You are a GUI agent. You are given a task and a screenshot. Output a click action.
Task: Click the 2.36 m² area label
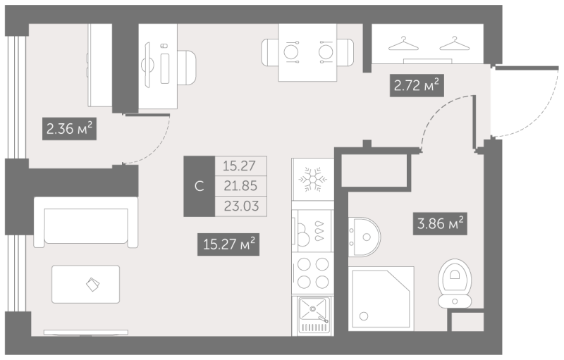pyautogui.click(x=69, y=128)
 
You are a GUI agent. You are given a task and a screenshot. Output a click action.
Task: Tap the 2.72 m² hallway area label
pyautogui.click(x=417, y=85)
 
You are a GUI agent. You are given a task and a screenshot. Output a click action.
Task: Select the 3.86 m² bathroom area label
pyautogui.click(x=440, y=223)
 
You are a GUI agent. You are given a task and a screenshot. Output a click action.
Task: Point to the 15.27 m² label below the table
pyautogui.click(x=228, y=244)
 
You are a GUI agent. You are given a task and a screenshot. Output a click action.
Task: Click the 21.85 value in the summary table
pyautogui.click(x=240, y=186)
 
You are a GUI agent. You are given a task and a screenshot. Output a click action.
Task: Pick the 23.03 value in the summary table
pyautogui.click(x=241, y=206)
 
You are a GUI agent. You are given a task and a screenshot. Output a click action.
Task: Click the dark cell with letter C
pyautogui.click(x=200, y=186)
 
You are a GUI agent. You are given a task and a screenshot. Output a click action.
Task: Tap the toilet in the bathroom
pyautogui.click(x=455, y=283)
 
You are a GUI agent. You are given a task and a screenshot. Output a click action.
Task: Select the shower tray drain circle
pyautogui.click(x=364, y=316)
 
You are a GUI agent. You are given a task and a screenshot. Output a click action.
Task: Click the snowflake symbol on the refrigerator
pyautogui.click(x=312, y=178)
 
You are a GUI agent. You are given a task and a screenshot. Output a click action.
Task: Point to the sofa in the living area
pyautogui.click(x=85, y=223)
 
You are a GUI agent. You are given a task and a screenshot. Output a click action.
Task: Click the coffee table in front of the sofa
pyautogui.click(x=85, y=284)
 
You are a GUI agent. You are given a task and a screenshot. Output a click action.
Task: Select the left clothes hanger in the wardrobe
pyautogui.click(x=403, y=44)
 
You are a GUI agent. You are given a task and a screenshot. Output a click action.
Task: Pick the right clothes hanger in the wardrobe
pyautogui.click(x=455, y=44)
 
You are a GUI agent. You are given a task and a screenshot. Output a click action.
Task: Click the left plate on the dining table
pyautogui.click(x=290, y=52)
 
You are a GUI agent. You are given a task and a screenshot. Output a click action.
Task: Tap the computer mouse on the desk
pyautogui.click(x=164, y=46)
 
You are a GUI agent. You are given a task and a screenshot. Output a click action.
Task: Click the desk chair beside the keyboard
pyautogui.click(x=187, y=68)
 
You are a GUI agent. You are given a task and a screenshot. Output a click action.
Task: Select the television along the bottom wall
pyautogui.click(x=85, y=333)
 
